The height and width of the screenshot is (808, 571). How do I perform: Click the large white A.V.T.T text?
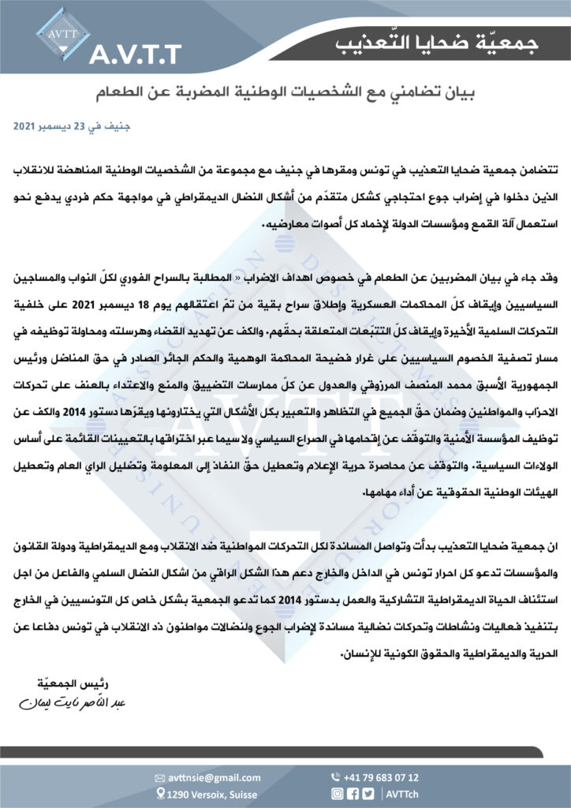coord(136,54)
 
